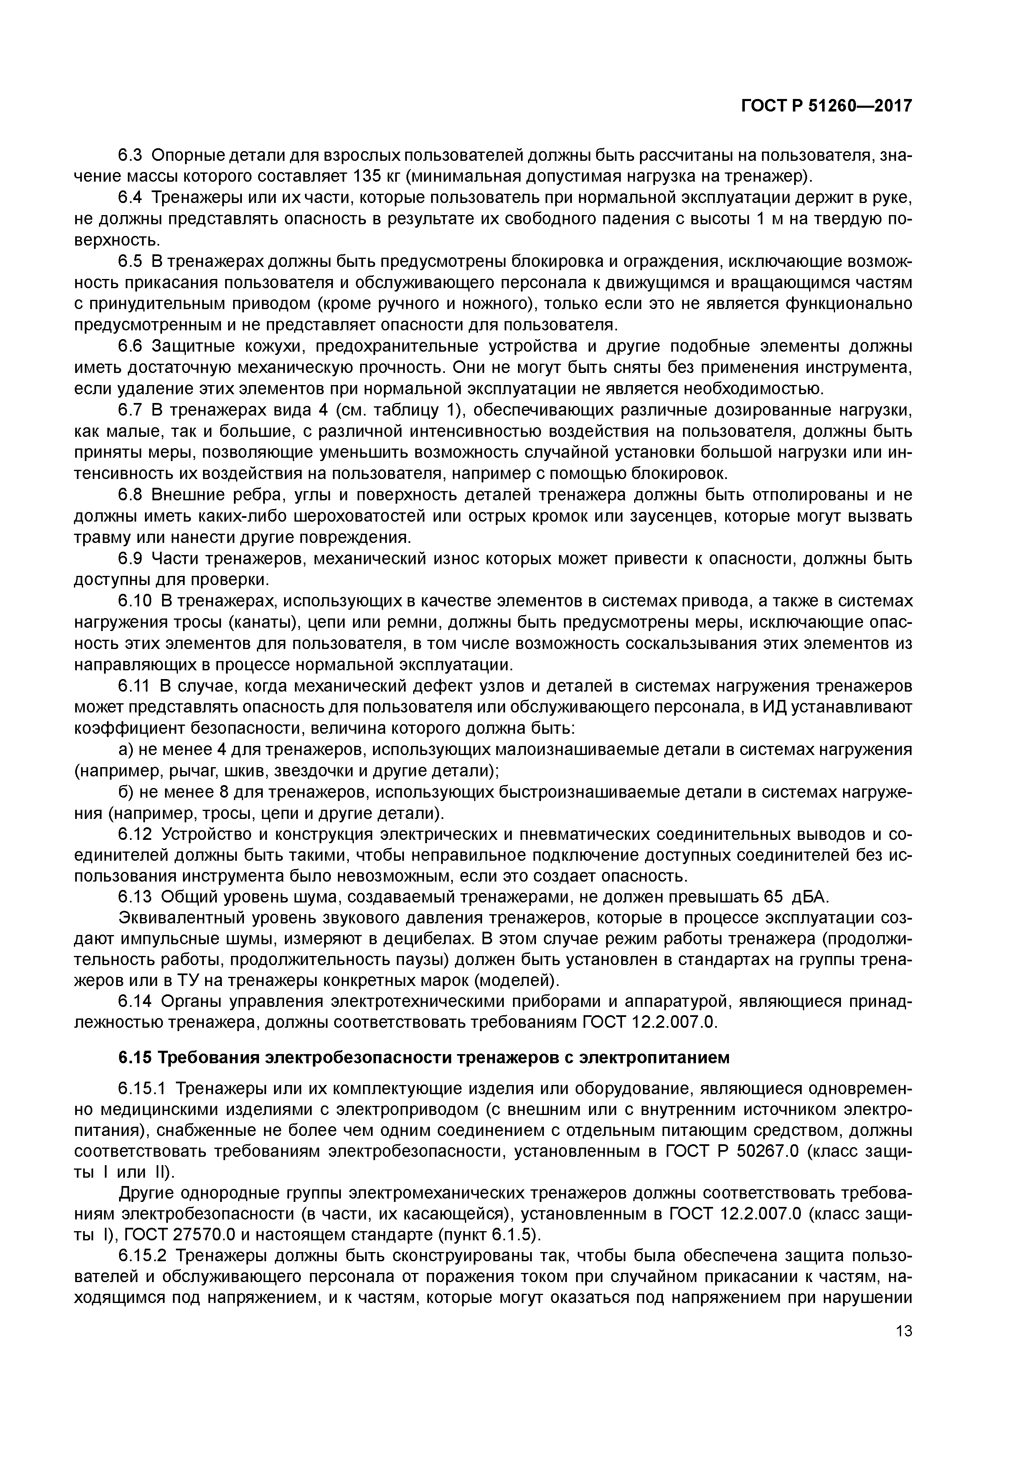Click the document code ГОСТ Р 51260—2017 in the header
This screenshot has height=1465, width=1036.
click(x=826, y=106)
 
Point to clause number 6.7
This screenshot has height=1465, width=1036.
click(x=132, y=410)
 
